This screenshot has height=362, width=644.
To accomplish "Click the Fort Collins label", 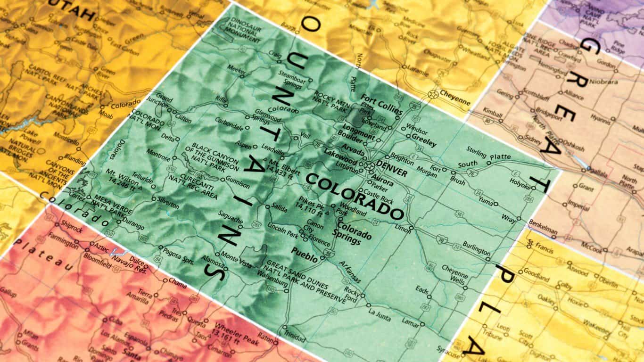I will (x=381, y=105).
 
